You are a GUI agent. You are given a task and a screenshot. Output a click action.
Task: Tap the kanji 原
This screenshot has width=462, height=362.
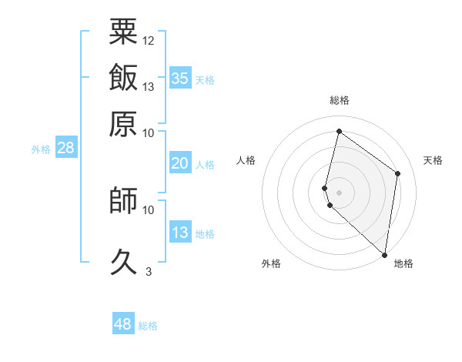click(x=123, y=123)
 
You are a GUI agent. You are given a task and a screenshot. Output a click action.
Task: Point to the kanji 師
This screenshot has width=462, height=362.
click(x=123, y=201)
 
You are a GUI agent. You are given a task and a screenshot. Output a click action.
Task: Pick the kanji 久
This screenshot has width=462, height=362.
click(x=123, y=263)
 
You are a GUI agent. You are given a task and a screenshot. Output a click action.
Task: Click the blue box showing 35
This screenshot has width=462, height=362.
click(x=180, y=78)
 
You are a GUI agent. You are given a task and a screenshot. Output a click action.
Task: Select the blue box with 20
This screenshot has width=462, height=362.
click(x=179, y=163)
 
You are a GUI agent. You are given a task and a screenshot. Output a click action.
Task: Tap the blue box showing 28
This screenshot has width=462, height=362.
click(x=65, y=149)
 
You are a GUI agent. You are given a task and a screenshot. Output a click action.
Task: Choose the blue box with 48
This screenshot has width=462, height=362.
click(x=122, y=324)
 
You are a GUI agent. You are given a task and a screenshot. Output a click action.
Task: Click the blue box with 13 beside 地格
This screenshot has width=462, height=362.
click(x=179, y=233)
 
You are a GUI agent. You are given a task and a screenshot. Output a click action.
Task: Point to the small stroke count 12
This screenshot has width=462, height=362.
click(x=149, y=40)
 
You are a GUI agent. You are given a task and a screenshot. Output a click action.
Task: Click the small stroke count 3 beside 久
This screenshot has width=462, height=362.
click(x=149, y=271)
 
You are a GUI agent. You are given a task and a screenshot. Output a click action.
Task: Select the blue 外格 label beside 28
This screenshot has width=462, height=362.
click(x=41, y=149)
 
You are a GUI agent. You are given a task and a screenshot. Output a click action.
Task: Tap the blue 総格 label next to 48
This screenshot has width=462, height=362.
click(x=148, y=326)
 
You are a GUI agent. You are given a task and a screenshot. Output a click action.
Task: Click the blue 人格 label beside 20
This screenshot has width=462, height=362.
click(x=205, y=164)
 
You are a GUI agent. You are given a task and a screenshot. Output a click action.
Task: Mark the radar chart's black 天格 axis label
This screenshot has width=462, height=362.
click(x=433, y=160)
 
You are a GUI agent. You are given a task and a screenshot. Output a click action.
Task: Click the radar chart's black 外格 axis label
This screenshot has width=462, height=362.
click(x=271, y=263)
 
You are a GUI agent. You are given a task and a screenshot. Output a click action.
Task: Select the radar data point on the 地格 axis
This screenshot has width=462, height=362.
click(x=384, y=255)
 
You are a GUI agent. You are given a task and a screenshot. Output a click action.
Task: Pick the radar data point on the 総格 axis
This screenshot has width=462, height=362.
click(x=339, y=132)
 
